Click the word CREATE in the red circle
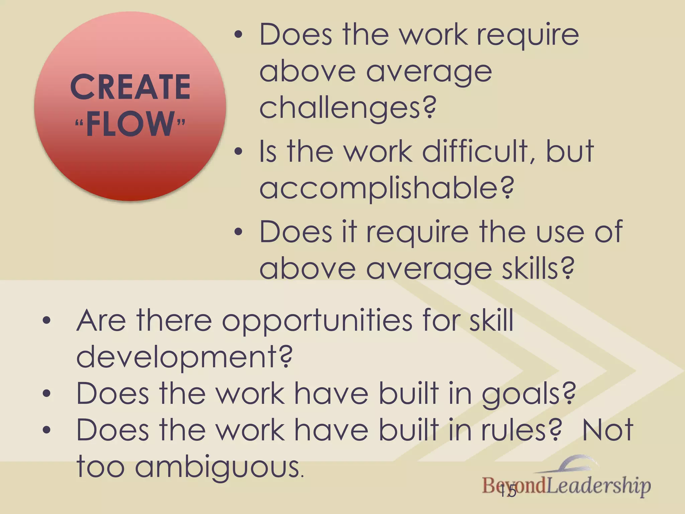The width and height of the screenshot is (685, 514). pyautogui.click(x=130, y=87)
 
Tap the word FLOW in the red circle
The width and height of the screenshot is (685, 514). pyautogui.click(x=130, y=124)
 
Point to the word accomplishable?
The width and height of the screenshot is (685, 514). pyautogui.click(x=386, y=188)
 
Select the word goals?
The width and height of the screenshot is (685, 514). pyautogui.click(x=528, y=394)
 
